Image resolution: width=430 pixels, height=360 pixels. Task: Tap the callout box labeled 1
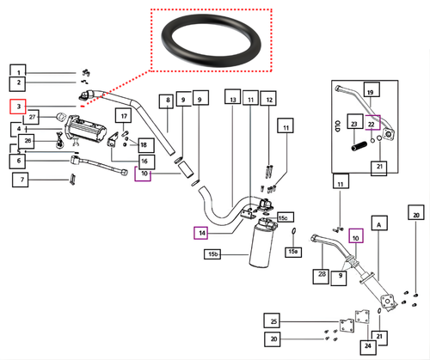18,70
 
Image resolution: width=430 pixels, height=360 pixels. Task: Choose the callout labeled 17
124,116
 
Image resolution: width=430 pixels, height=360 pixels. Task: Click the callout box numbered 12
269,101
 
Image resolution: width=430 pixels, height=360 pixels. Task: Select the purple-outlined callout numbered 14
200,232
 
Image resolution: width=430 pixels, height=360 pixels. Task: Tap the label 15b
211,255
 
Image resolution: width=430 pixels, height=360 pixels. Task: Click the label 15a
293,252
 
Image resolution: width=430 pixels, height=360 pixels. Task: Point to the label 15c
284,218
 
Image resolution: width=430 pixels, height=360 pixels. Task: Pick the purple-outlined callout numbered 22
372,124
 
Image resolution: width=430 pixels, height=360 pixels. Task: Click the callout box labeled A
380,222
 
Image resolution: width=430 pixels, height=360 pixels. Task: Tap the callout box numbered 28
321,275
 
